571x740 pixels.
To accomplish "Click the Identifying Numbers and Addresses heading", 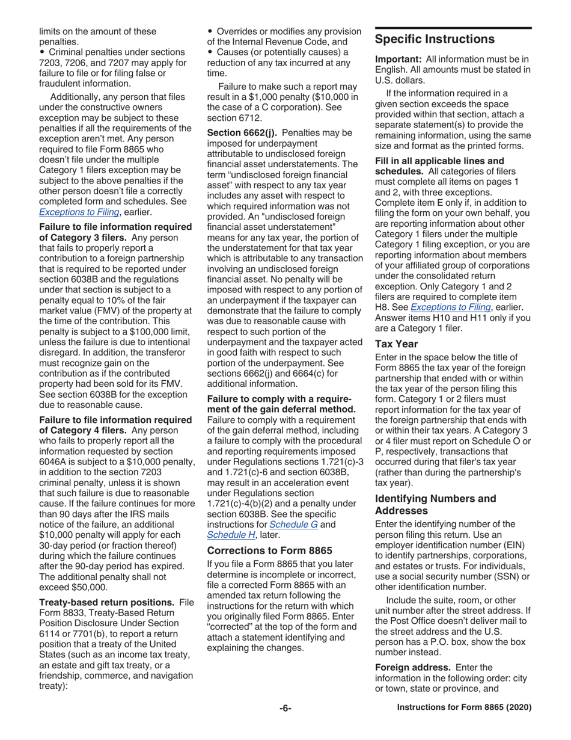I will point(435,504).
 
